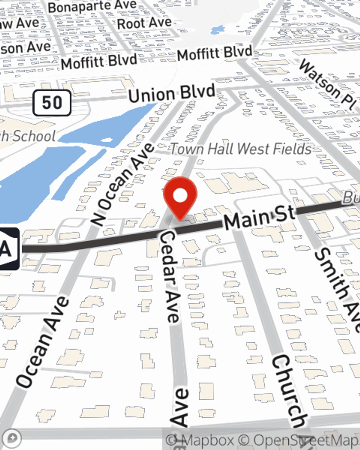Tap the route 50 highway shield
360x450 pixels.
52,103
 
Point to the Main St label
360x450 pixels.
259,217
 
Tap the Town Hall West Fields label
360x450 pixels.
240,149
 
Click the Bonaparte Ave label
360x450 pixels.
92,6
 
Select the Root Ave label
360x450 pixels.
144,23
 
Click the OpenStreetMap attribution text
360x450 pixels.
306,440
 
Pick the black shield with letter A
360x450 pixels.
8,249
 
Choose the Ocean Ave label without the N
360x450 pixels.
42,342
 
